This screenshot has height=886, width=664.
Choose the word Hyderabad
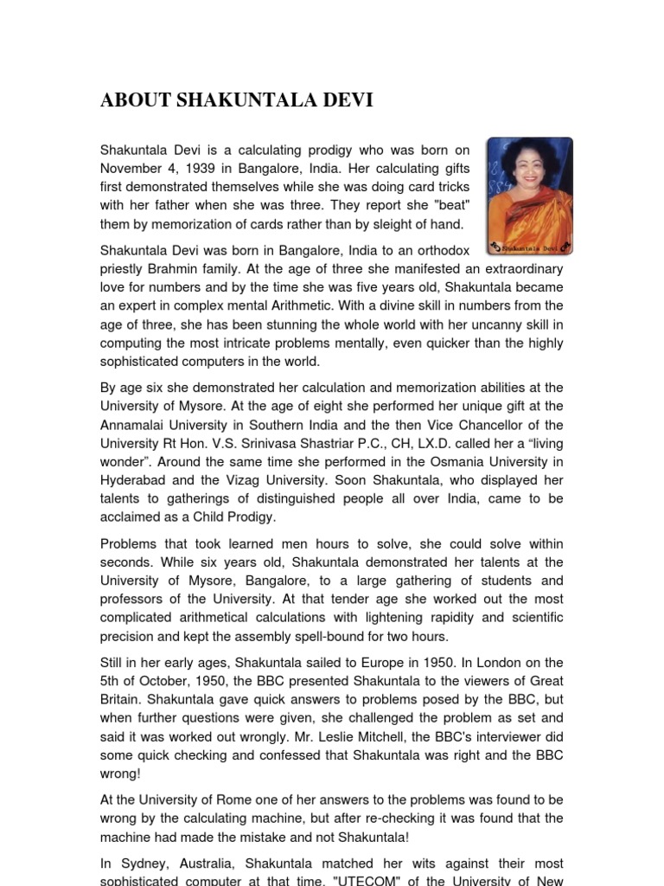[135, 480]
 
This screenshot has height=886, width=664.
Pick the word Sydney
[141, 864]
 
